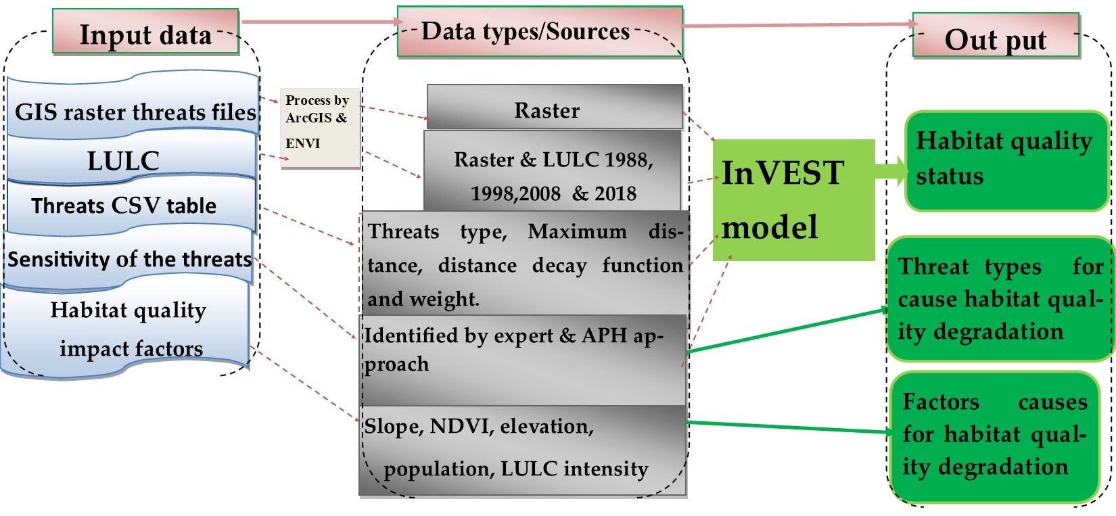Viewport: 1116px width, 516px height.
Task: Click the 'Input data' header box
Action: pos(145,32)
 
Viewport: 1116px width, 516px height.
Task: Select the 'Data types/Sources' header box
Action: pos(539,32)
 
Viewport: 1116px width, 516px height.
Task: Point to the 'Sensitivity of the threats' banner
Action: pos(129,258)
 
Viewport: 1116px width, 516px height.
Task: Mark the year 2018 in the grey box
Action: pos(615,194)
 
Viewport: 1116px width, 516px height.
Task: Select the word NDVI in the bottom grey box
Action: pos(460,426)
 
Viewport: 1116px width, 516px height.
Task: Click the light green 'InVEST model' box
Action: pos(793,200)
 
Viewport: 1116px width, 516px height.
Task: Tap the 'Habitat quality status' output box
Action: pos(1006,161)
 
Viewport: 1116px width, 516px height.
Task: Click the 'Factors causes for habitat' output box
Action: pos(994,435)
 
